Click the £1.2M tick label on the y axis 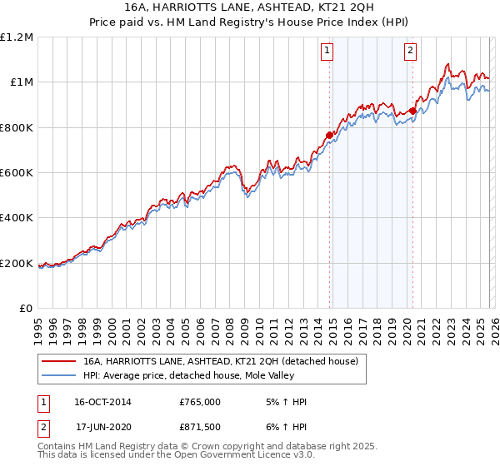click(17, 37)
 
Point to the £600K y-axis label click(17, 173)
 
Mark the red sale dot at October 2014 click(329, 135)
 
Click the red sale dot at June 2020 click(412, 111)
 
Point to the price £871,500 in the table click(200, 427)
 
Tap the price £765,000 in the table click(200, 402)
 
